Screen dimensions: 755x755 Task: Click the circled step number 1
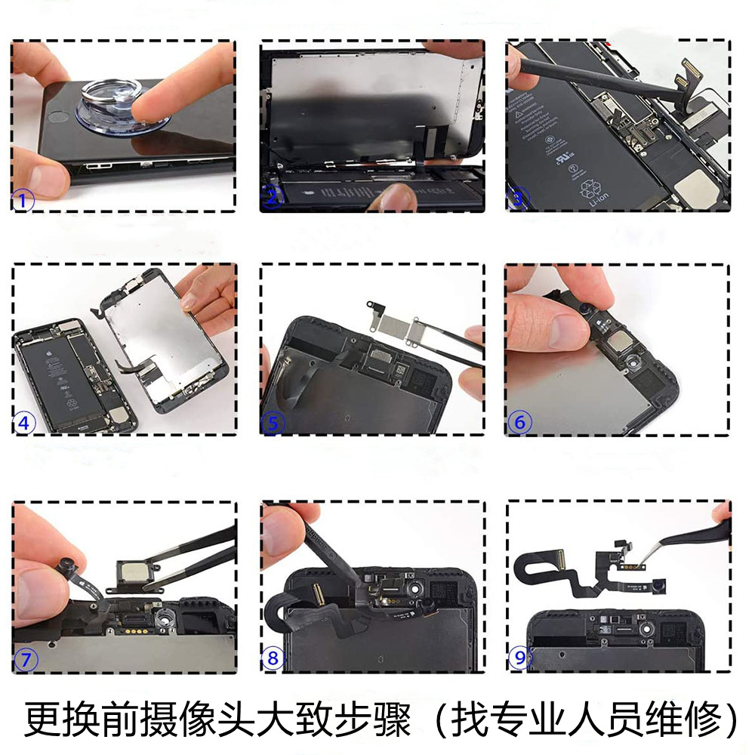coord(23,201)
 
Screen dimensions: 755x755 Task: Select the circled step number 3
coord(517,199)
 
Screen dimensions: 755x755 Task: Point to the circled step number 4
coord(25,424)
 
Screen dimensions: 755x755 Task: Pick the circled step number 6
coord(519,422)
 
